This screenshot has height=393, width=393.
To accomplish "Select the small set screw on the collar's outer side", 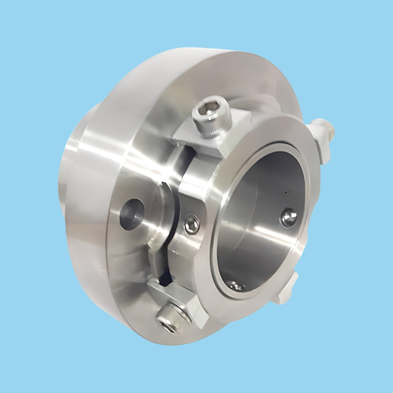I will point(192,225).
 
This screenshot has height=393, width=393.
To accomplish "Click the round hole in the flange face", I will point(131,215).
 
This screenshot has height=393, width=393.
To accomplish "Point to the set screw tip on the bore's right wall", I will point(289,216).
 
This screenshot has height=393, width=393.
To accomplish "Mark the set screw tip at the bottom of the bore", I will point(236,286).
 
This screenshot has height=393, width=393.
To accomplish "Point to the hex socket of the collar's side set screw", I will point(192,225).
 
